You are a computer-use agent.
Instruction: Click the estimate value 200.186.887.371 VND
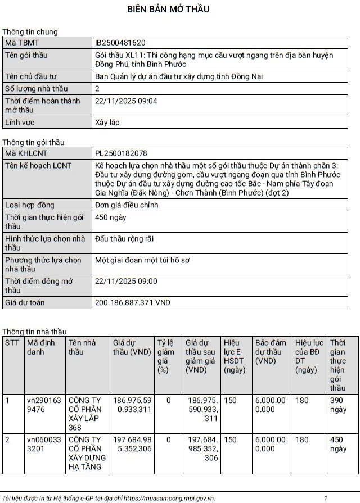click(x=133, y=303)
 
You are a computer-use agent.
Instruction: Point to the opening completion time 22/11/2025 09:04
click(x=127, y=101)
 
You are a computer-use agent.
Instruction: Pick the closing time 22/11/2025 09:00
click(x=127, y=282)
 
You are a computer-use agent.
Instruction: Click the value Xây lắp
click(x=107, y=123)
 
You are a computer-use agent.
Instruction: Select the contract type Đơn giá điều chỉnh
click(x=127, y=205)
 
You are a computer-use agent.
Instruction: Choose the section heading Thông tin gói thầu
click(x=33, y=142)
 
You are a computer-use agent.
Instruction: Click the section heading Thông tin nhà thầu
click(x=34, y=332)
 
